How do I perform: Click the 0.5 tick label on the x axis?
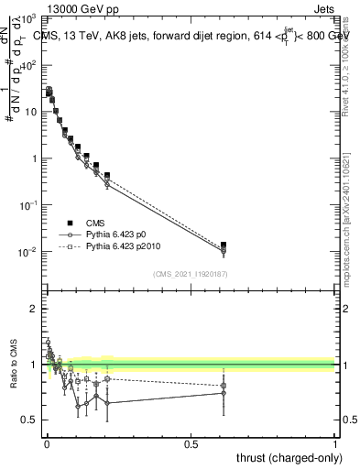click(x=191, y=443)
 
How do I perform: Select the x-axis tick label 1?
click(x=335, y=443)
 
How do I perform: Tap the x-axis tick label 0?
click(x=46, y=443)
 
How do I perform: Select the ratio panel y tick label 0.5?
click(x=29, y=420)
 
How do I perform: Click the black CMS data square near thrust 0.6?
click(x=224, y=245)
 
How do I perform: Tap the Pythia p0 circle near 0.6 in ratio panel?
click(x=224, y=393)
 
